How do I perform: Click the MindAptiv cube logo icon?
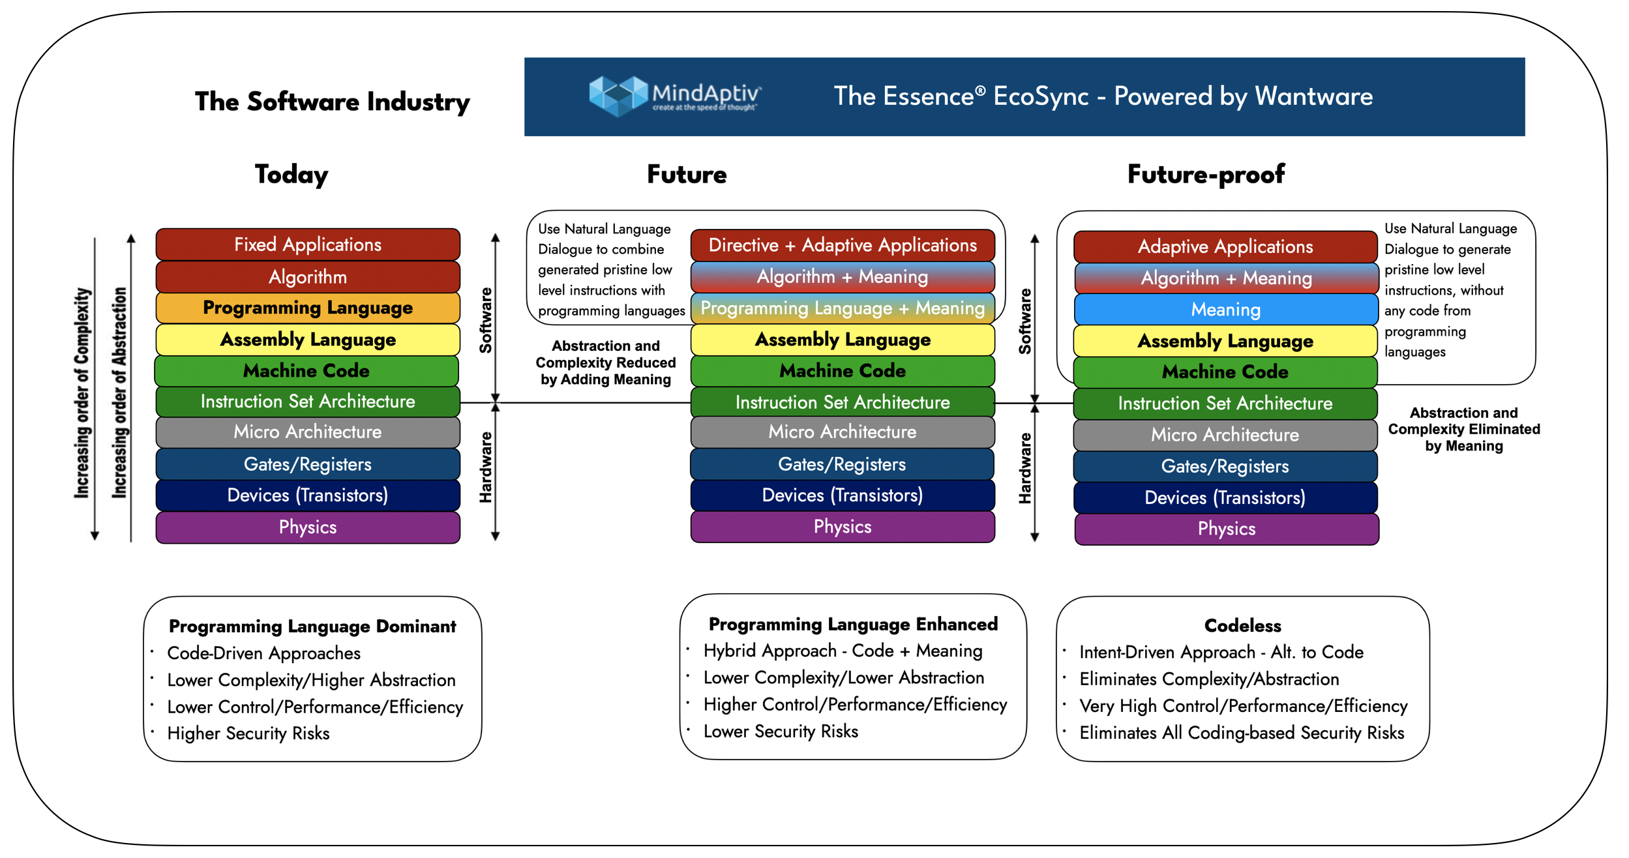(616, 96)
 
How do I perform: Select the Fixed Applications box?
(308, 244)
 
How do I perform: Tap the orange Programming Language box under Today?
(308, 308)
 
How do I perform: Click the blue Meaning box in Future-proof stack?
(1225, 310)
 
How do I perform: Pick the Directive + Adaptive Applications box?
(843, 245)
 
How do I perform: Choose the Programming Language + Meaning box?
(843, 308)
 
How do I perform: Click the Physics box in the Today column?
(308, 527)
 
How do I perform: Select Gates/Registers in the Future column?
(842, 464)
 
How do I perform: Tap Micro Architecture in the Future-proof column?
(1225, 435)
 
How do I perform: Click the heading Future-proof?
(1206, 174)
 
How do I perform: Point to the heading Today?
(291, 174)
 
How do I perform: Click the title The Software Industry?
(332, 102)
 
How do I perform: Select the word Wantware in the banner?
(1313, 96)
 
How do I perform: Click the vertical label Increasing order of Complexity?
(82, 393)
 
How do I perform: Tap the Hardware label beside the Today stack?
(485, 467)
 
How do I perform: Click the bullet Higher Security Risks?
(248, 733)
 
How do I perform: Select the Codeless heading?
(1242, 626)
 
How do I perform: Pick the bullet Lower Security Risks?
(781, 732)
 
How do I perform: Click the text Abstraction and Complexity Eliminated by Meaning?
(1463, 430)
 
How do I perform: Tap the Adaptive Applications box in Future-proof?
(1225, 246)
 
